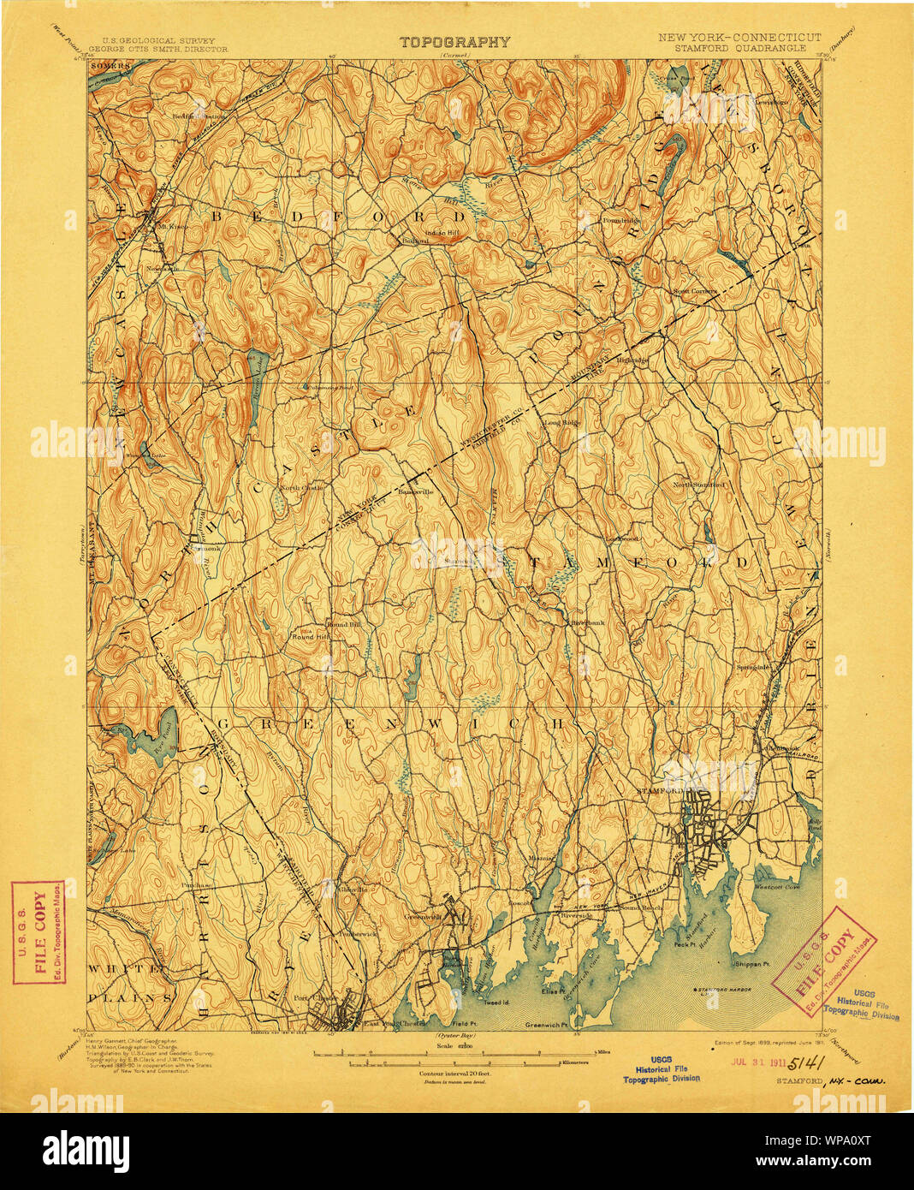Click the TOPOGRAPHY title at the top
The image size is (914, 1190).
coord(454,42)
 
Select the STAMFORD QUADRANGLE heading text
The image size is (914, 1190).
coord(739,49)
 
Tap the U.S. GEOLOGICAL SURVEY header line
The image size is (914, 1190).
coord(158,40)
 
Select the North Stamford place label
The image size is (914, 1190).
coord(697,485)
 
